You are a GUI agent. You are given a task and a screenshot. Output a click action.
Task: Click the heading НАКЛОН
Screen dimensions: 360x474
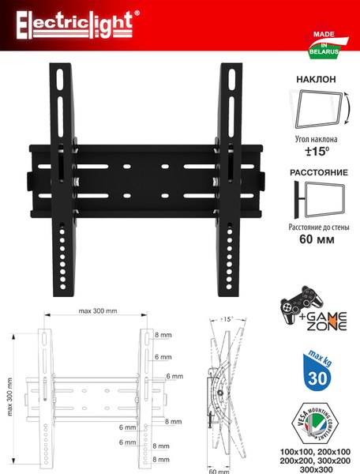click(316, 79)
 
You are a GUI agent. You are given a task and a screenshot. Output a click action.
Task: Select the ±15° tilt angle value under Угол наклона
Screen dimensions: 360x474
click(317, 151)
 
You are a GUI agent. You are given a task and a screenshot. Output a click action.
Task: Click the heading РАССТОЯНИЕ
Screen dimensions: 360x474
click(319, 172)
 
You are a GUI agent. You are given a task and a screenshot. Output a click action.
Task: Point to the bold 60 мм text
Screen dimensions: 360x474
click(317, 239)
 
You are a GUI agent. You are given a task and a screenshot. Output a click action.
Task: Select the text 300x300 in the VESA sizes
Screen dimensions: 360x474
click(315, 470)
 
